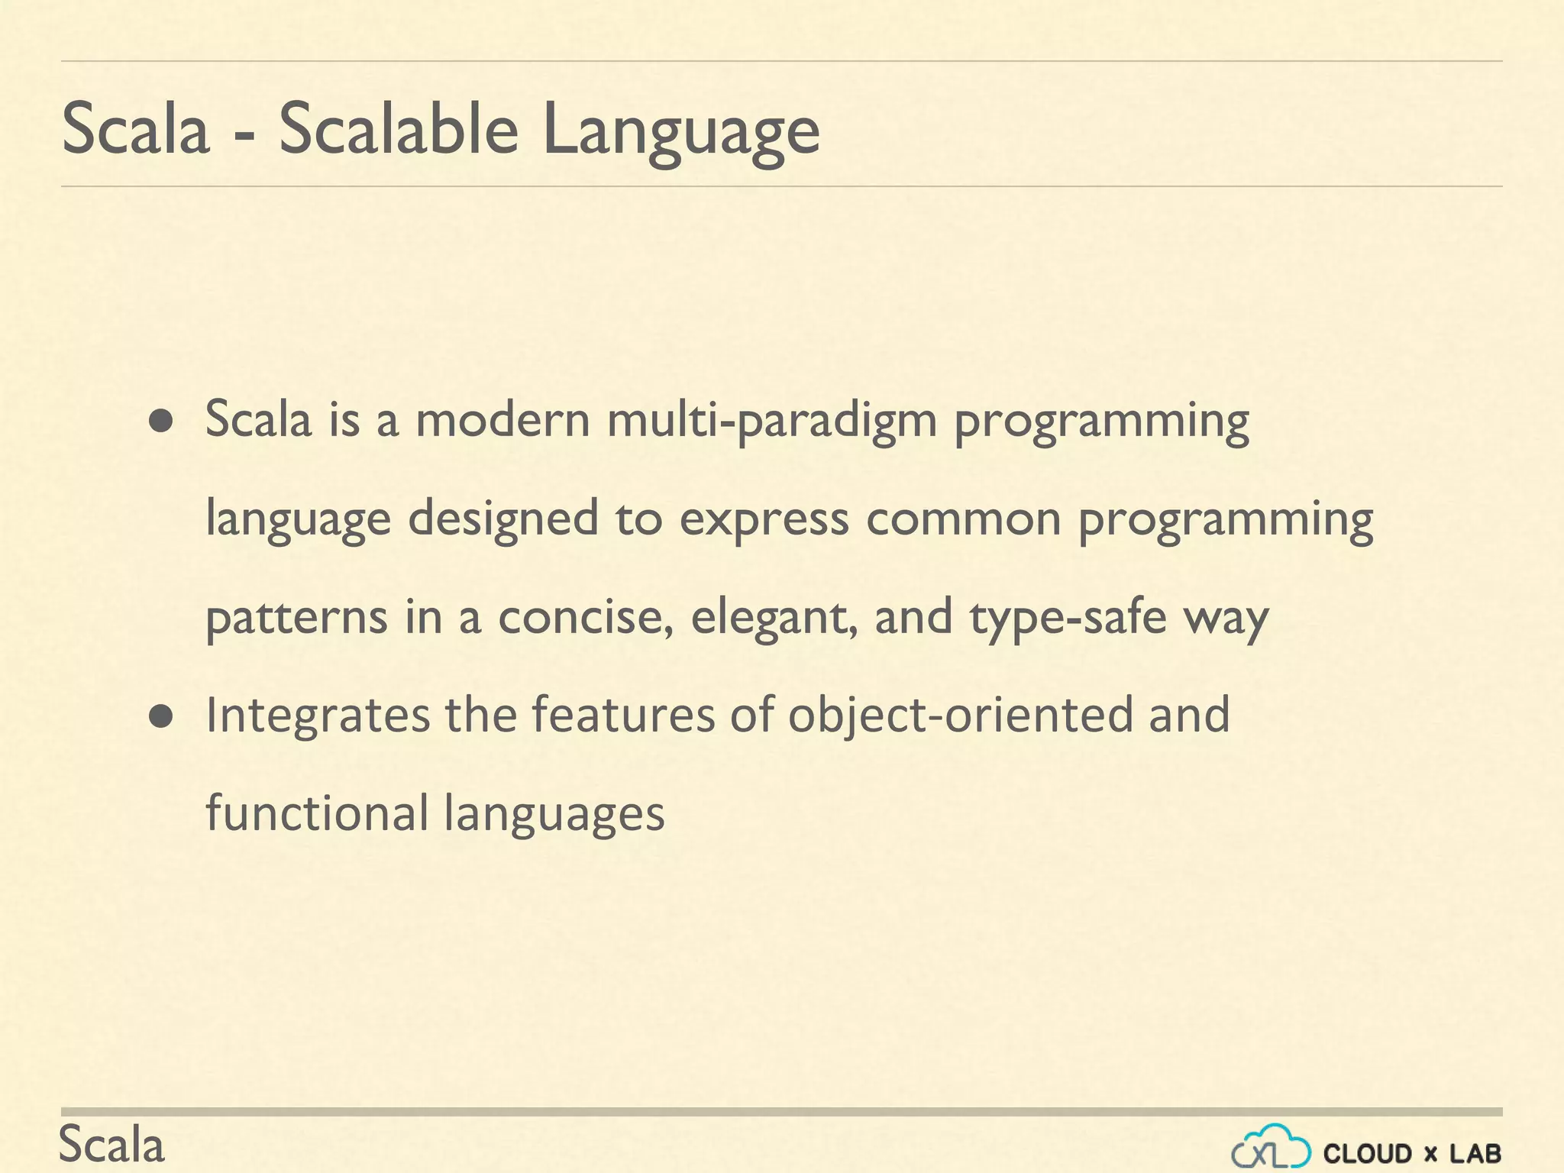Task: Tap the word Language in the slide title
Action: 680,131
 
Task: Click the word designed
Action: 502,519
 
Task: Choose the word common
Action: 963,519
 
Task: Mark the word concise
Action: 585,617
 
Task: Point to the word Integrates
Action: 318,716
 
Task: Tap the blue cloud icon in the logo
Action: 1271,1146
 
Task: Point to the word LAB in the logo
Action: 1475,1153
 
